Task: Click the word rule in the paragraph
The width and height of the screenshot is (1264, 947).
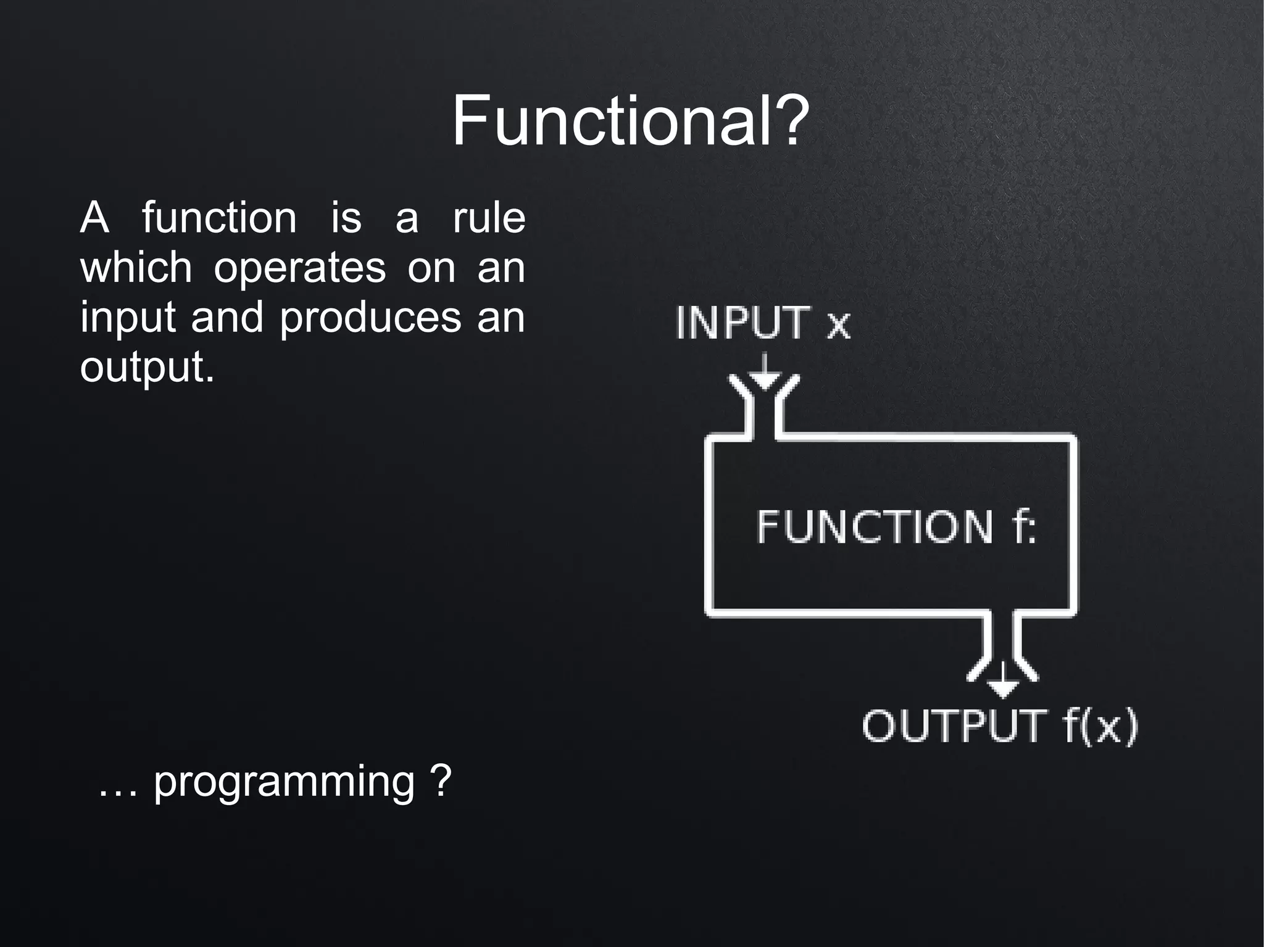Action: [x=488, y=218]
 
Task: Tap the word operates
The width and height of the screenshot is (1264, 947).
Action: [x=299, y=268]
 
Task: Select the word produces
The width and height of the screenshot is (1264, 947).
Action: [x=370, y=318]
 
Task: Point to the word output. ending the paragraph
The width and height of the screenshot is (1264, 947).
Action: [x=147, y=367]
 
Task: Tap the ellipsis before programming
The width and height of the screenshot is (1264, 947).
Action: [x=117, y=790]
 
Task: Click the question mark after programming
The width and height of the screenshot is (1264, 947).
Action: [x=442, y=780]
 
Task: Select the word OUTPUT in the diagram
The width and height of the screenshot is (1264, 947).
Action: [x=954, y=726]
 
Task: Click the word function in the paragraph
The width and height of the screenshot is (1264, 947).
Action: [x=219, y=218]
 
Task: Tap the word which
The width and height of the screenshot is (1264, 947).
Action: [x=136, y=268]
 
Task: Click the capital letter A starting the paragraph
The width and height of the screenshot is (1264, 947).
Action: [x=94, y=218]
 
